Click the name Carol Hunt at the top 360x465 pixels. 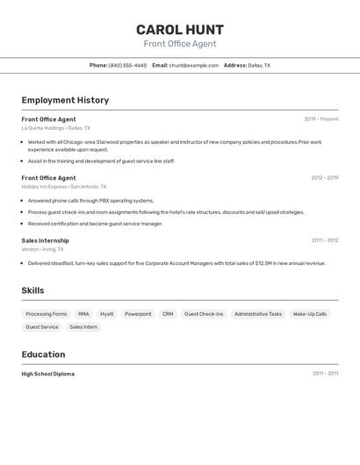pos(180,30)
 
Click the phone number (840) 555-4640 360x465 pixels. pos(127,65)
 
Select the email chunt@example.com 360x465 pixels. pos(193,65)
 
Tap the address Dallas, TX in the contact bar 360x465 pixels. pos(259,65)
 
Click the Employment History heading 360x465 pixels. pos(65,100)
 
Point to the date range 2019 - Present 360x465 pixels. pos(320,119)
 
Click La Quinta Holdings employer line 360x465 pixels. pos(55,128)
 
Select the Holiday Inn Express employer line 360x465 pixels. pos(63,187)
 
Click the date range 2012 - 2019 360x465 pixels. pos(324,178)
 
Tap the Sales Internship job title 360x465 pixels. pos(45,240)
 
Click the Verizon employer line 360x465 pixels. pos(42,249)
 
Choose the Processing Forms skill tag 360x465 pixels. pos(47,314)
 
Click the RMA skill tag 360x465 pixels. pos(83,314)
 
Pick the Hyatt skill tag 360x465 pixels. pos(106,314)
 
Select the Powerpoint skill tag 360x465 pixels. pos(138,314)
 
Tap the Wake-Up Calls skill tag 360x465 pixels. pos(310,314)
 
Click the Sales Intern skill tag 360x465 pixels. pos(83,327)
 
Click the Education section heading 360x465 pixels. pos(43,354)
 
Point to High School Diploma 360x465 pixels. pos(47,374)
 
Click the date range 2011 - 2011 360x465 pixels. pos(325,374)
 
